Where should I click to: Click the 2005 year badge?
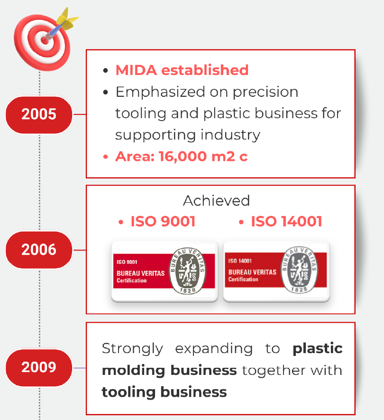[x=39, y=115]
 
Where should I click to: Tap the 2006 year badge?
[x=39, y=250]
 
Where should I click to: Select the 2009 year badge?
[x=39, y=367]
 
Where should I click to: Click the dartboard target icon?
[x=42, y=42]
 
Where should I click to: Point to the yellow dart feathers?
[x=67, y=19]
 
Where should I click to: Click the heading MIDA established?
[x=182, y=70]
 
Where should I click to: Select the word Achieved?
[x=216, y=201]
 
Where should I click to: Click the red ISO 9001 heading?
[x=163, y=222]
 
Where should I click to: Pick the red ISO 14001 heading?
[x=286, y=222]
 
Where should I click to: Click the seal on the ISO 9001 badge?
[x=187, y=271]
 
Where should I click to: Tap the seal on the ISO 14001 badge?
[x=299, y=270]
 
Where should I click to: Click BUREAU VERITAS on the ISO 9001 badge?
[x=140, y=273]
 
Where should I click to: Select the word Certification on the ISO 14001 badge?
[x=243, y=279]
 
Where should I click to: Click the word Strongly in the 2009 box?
[x=132, y=349]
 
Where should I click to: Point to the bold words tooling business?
[x=165, y=392]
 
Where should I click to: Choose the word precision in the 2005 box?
[x=265, y=93]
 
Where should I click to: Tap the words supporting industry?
[x=188, y=135]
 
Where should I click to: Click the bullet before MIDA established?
[x=105, y=70]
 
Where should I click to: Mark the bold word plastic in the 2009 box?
[x=318, y=349]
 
